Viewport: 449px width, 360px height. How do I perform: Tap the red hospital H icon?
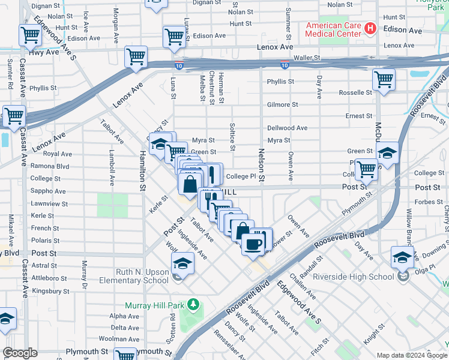coord(371,28)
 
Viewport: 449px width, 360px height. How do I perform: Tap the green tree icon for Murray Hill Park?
coord(193,305)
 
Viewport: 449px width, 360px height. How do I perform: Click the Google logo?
coord(20,353)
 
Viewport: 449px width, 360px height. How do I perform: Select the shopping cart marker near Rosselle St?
coord(383,79)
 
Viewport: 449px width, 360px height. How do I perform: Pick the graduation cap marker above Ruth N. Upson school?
coord(182,263)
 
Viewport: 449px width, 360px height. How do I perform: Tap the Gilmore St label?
coord(282,104)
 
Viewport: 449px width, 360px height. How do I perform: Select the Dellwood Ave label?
coord(287,128)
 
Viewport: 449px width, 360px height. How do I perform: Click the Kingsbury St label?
coord(50,291)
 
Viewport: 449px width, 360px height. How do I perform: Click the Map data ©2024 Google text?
coord(412,355)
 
